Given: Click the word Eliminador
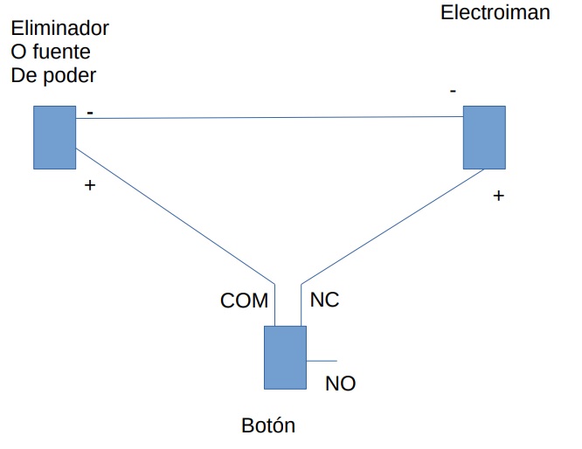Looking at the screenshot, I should click(59, 29).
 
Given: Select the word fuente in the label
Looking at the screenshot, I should click(62, 52).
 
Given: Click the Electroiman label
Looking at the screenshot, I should click(495, 13).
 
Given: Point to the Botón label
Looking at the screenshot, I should click(268, 426).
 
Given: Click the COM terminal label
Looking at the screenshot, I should click(244, 301).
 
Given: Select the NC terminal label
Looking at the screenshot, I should click(324, 300).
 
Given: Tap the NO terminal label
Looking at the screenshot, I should click(340, 383).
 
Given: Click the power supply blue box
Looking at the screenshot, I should click(55, 137).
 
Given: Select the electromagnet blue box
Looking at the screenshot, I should click(483, 137).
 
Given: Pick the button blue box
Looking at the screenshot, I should click(285, 357).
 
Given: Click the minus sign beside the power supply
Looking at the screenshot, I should click(90, 113).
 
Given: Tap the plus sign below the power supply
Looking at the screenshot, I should click(88, 185).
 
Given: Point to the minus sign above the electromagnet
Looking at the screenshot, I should click(452, 90).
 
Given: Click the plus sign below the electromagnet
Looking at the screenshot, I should click(498, 196).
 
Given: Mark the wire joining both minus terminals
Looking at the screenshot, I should click(262, 117).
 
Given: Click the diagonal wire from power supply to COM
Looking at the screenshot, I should click(175, 215).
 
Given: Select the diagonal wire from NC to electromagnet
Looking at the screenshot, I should click(393, 224).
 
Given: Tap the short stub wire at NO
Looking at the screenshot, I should click(321, 360).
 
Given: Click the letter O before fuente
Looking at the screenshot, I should click(18, 52).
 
